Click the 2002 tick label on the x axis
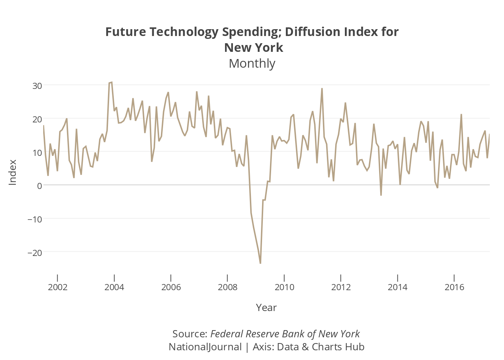click(58, 287)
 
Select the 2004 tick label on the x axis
click(114, 287)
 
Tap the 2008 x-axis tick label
click(228, 287)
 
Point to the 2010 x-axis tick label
click(284, 287)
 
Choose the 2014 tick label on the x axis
click(397, 287)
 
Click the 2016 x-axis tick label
click(454, 287)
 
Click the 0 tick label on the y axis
click(40, 186)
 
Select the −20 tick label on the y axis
click(35, 253)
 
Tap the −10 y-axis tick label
click(35, 219)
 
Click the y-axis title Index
click(13, 172)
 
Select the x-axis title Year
click(266, 308)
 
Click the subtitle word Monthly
click(252, 64)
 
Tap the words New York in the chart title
click(253, 48)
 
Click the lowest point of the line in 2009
click(260, 264)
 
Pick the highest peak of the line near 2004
click(112, 82)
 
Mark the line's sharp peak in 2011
click(322, 89)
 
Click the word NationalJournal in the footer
click(205, 347)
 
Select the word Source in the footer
click(189, 334)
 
